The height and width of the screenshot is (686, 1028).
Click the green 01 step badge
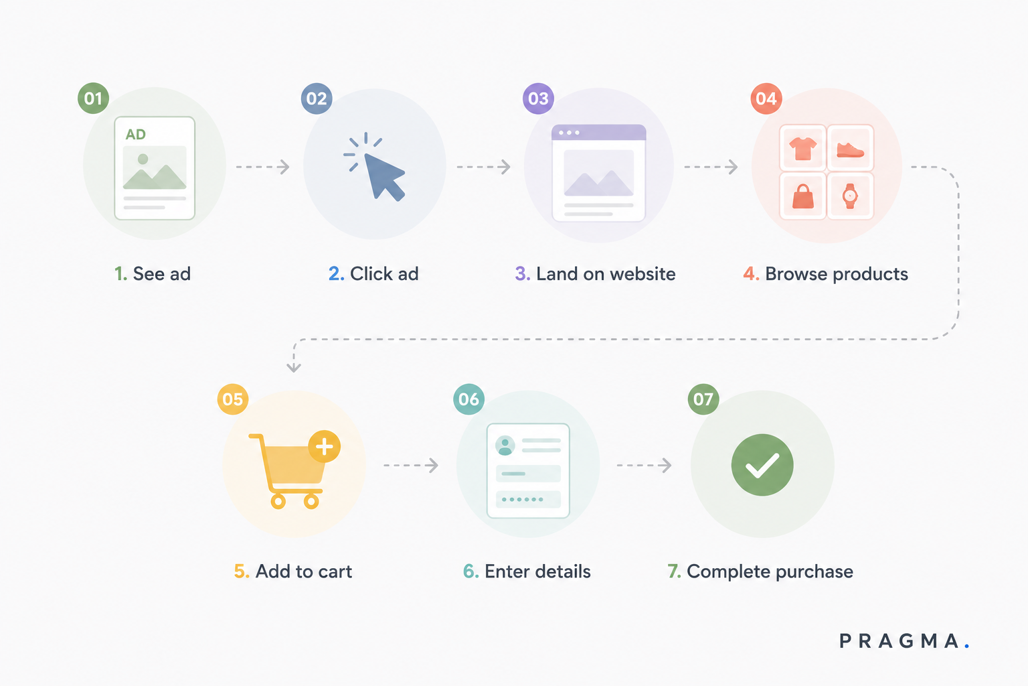point(93,98)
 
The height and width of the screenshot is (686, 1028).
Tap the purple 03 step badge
point(538,98)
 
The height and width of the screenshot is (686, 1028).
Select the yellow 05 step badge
point(233,399)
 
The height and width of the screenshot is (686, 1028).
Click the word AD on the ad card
point(136,134)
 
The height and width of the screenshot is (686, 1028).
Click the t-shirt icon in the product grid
point(802,149)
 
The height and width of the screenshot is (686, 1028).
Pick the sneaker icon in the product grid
point(850,150)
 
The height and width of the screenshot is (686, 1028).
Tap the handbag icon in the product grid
point(802,196)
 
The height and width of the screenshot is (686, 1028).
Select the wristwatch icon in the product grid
point(850,196)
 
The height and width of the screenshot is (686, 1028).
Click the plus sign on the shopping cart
point(325,447)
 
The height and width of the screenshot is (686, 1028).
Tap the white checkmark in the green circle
point(762,465)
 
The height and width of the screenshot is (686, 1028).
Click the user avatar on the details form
point(505,445)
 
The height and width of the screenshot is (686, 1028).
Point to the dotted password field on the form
point(528,500)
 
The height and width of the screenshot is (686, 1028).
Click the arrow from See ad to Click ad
point(263,167)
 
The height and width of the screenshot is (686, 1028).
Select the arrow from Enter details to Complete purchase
point(645,465)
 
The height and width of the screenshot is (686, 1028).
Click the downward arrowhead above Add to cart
point(294,366)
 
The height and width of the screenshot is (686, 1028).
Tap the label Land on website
point(606,274)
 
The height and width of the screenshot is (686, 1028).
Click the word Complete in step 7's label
point(728,572)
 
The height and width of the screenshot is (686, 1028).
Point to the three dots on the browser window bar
point(569,133)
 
